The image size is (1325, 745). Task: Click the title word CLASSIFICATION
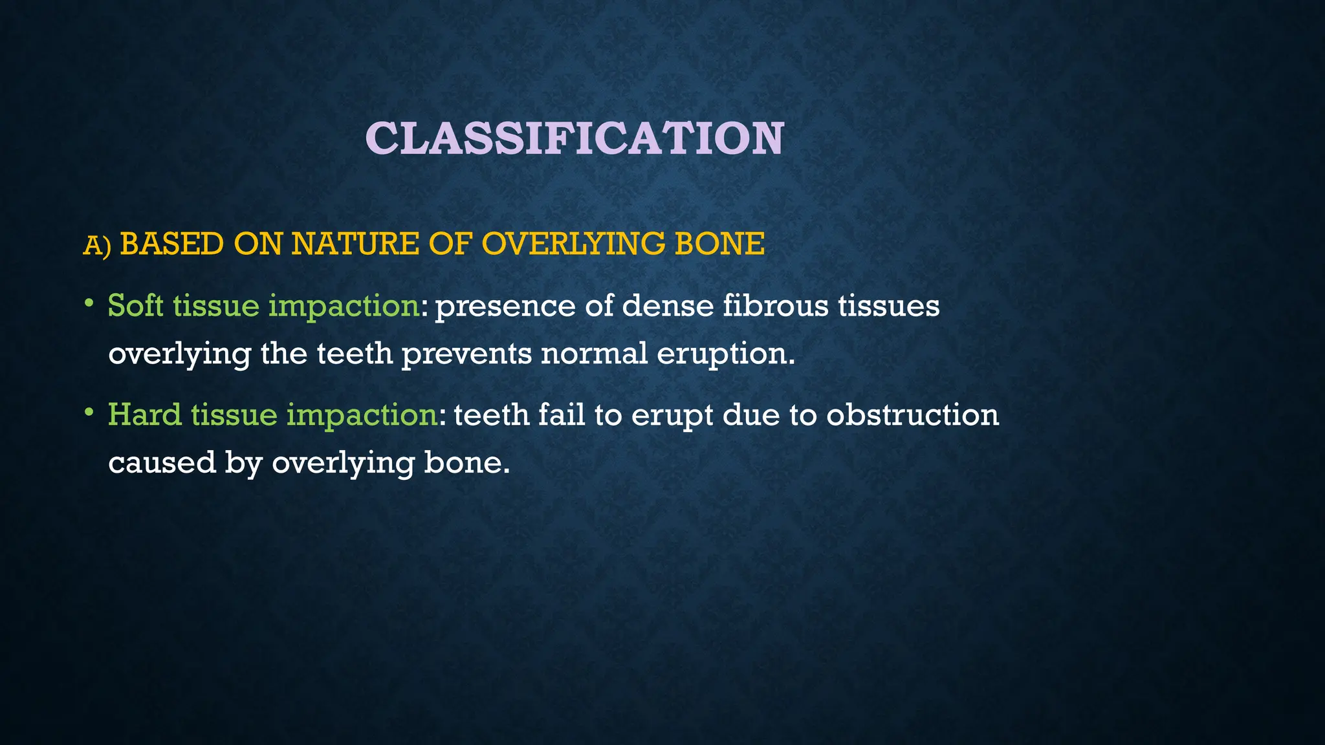pyautogui.click(x=575, y=138)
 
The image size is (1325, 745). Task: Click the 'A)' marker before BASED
pyautogui.click(x=97, y=246)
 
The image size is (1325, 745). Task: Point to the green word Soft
pyautogui.click(x=135, y=305)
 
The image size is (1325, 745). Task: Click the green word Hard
pyautogui.click(x=144, y=415)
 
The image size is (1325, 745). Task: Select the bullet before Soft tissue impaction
pyautogui.click(x=89, y=303)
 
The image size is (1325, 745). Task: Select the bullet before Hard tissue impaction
pyautogui.click(x=89, y=412)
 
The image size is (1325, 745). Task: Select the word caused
pyautogui.click(x=162, y=463)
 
